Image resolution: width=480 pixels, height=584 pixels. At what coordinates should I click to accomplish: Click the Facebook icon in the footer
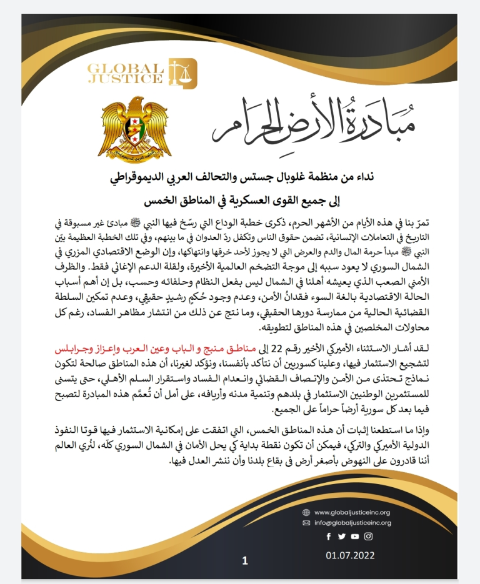tap(328, 536)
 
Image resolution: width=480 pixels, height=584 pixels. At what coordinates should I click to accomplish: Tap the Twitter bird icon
tap(341, 536)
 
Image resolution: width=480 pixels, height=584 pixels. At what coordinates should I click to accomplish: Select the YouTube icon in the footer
tap(355, 536)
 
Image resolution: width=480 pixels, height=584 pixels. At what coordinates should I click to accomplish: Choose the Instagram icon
tap(369, 536)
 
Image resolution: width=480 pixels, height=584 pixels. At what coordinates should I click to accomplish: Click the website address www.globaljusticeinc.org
tap(352, 512)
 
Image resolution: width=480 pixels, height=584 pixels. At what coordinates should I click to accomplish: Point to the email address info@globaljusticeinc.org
tap(352, 523)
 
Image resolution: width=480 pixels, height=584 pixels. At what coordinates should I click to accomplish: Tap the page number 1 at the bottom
tap(245, 560)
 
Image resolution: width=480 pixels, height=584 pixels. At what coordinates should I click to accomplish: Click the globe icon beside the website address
tap(306, 512)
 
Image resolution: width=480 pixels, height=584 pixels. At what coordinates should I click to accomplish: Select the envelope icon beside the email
tap(306, 523)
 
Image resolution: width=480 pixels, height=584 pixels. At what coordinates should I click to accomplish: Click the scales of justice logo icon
tap(186, 73)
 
